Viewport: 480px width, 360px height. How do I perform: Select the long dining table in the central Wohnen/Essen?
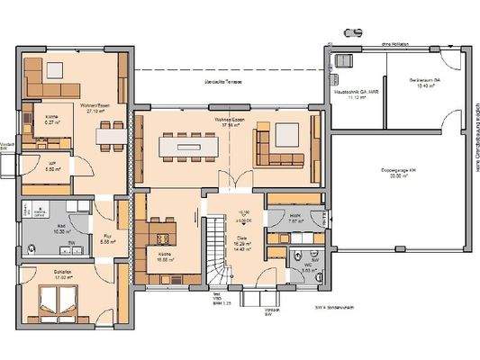pyautogui.click(x=191, y=144)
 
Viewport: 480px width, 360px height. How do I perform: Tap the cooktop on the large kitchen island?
pyautogui.click(x=164, y=238)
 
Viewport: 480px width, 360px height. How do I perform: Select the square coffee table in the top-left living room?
pyautogui.click(x=55, y=70)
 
